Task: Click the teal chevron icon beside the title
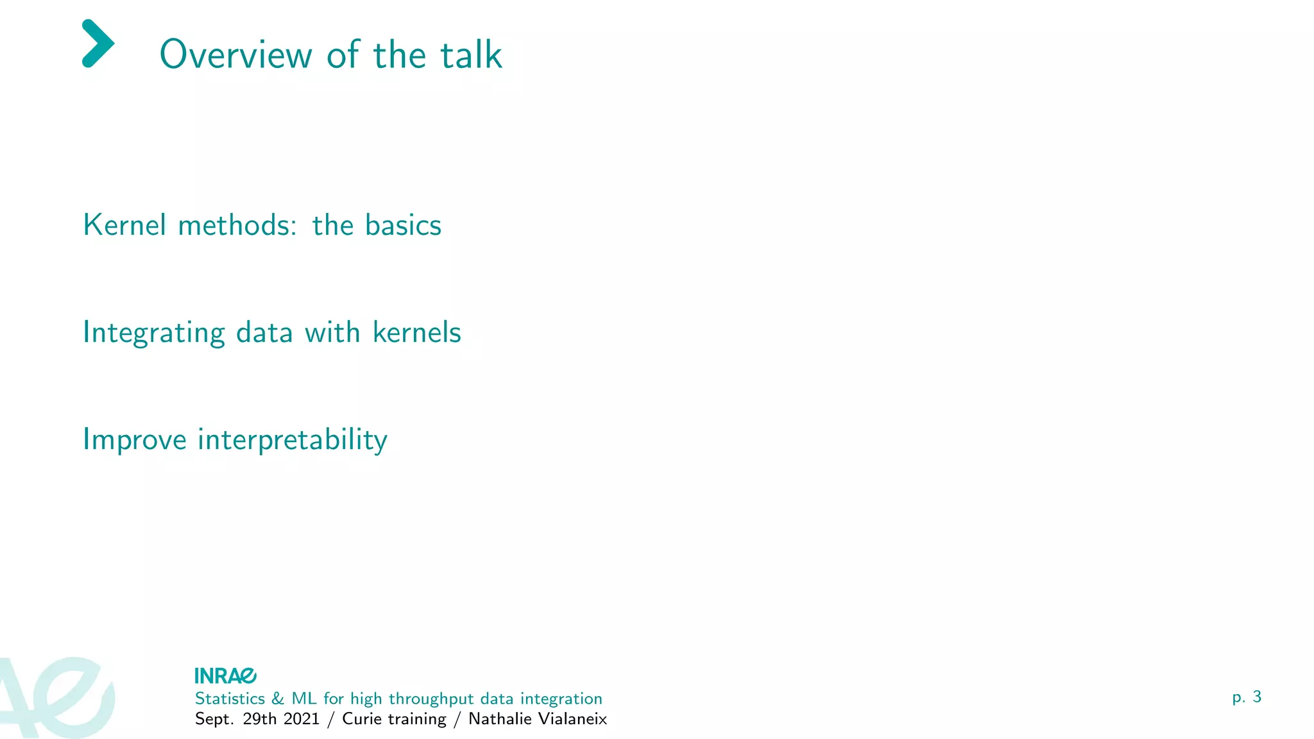click(98, 44)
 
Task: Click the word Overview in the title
click(235, 55)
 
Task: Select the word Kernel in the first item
click(124, 225)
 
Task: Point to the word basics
click(403, 225)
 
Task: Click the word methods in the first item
click(237, 225)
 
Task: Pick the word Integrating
click(154, 333)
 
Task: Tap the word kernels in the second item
click(416, 332)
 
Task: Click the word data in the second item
click(264, 332)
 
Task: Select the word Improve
click(135, 440)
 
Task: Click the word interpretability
click(293, 440)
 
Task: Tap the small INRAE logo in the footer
click(225, 675)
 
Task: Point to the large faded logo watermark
click(58, 698)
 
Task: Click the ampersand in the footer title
click(278, 698)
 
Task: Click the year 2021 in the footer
click(302, 718)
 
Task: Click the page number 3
click(1257, 697)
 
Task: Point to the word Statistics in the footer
click(230, 698)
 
